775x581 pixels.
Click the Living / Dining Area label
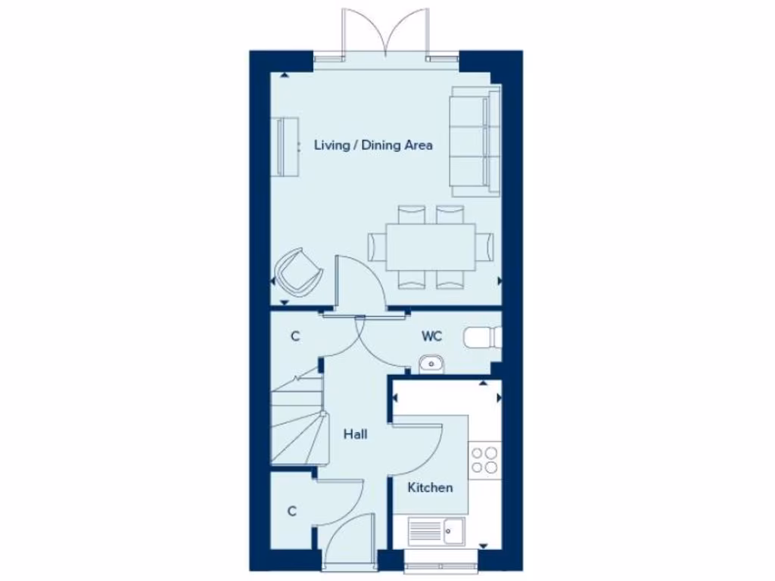373,145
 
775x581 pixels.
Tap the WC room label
431,335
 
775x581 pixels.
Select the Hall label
355,435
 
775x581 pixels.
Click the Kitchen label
430,488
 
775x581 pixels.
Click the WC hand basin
431,364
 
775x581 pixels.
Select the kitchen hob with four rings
484,460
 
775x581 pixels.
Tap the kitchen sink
437,530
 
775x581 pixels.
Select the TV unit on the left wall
285,147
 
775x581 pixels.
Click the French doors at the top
387,34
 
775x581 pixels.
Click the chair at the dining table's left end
376,246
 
